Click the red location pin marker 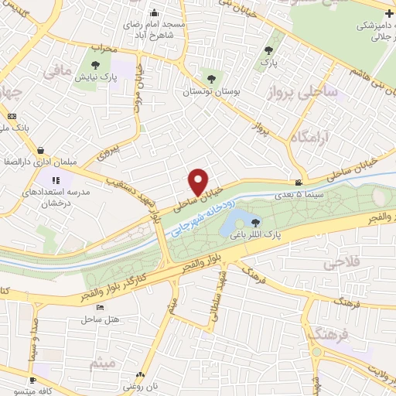tap(199, 181)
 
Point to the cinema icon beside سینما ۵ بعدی tap(299, 183)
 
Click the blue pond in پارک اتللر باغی tap(234, 223)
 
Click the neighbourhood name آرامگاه tap(311, 138)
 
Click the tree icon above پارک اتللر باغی tap(256, 223)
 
